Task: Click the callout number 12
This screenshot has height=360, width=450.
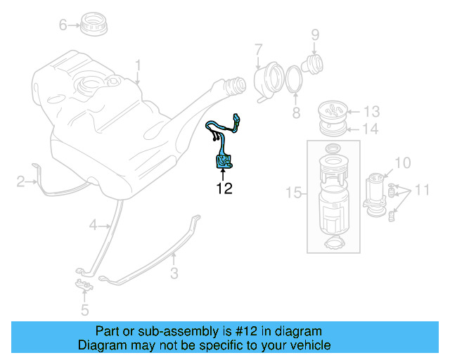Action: [224, 188]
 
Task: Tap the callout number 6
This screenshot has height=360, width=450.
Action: [63, 25]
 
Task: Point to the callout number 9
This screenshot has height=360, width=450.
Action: [315, 34]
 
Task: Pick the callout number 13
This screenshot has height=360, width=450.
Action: [371, 111]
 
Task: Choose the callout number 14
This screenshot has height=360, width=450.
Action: [371, 129]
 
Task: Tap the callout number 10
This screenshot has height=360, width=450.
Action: [401, 164]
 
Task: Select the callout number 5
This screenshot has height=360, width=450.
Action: [84, 309]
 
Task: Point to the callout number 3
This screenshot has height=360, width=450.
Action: [174, 274]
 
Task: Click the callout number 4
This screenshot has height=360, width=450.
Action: [94, 225]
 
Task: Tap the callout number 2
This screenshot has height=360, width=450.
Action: [21, 183]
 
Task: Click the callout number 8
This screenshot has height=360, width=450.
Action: [296, 112]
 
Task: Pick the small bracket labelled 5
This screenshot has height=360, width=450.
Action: [83, 285]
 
